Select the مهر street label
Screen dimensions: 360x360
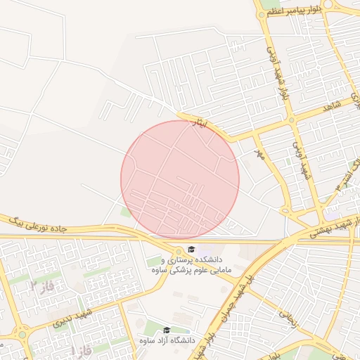[x=259, y=153]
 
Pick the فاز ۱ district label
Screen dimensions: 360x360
[x=81, y=349]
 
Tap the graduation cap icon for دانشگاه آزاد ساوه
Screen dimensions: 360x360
[x=167, y=330]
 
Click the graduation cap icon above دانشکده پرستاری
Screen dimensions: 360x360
[x=191, y=249]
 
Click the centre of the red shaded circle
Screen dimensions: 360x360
[x=180, y=179]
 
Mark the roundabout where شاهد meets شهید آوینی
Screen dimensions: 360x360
[x=291, y=120]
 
